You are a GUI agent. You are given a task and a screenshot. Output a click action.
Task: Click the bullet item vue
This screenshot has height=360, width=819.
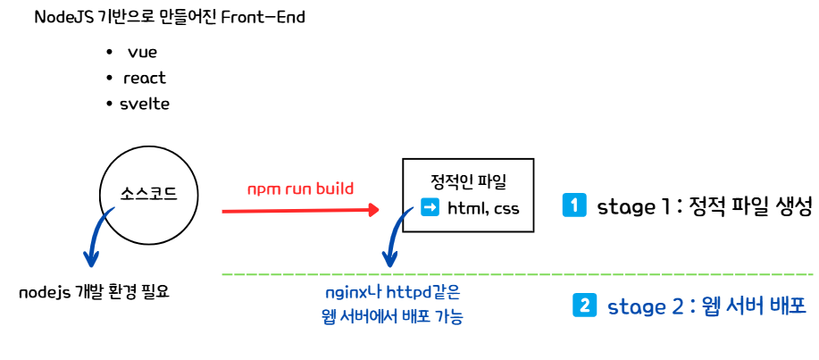142,52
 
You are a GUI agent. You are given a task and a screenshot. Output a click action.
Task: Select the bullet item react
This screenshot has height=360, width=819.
144,78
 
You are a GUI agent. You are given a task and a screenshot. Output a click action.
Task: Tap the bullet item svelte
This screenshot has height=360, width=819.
144,104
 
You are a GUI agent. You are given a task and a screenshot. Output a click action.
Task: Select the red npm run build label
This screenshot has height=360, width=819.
300,188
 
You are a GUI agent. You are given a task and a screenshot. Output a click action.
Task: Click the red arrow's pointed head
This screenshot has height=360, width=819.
373,211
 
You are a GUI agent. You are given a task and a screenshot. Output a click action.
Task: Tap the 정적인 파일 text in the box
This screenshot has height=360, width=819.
468,181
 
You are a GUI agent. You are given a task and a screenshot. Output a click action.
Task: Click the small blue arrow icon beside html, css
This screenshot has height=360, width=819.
430,208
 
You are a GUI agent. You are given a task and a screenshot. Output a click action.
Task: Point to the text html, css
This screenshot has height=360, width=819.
482,208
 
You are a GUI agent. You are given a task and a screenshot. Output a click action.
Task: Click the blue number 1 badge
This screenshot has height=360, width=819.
572,205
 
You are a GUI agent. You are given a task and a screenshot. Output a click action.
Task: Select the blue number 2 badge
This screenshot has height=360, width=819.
583,306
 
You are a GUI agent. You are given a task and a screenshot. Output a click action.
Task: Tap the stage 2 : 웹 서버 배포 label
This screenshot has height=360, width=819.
706,306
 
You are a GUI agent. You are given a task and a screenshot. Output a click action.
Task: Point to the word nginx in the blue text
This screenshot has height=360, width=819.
344,292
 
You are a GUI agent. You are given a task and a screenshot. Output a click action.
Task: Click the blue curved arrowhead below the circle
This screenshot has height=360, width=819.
90,259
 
